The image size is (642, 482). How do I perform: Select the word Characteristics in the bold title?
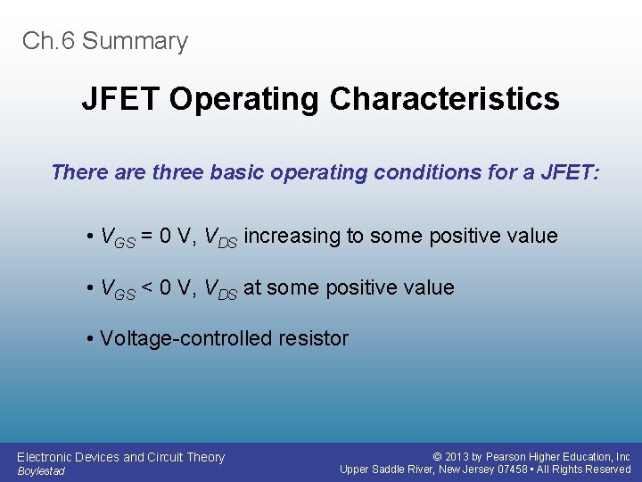click(x=444, y=99)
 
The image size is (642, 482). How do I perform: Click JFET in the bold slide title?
click(x=121, y=99)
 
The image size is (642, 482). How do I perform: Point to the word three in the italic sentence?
click(x=178, y=171)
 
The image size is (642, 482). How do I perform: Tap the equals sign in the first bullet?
click(x=152, y=237)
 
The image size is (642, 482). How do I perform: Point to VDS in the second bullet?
click(x=220, y=289)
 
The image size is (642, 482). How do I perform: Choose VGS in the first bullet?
click(x=117, y=237)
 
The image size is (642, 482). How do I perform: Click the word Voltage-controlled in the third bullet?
click(x=174, y=339)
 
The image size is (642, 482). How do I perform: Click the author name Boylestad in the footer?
click(x=41, y=471)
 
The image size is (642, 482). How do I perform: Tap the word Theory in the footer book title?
click(x=204, y=457)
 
